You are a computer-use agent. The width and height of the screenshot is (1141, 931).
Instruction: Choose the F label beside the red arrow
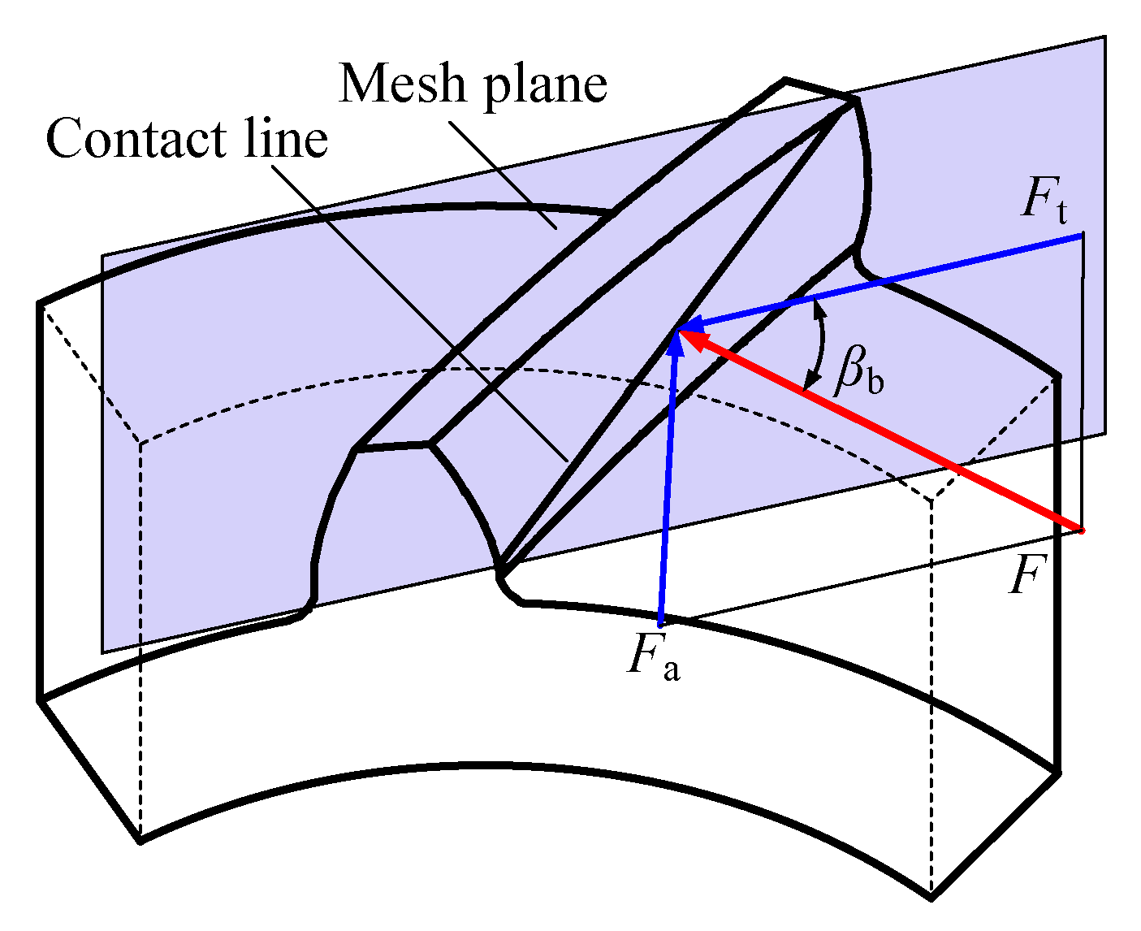coord(1024,578)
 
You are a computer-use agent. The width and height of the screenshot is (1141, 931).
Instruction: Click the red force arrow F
coord(885,431)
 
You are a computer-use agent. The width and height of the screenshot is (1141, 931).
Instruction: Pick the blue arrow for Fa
coord(668,487)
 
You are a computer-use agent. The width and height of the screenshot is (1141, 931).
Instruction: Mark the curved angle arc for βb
coord(822,345)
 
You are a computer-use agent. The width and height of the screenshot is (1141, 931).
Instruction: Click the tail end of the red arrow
coord(1081,530)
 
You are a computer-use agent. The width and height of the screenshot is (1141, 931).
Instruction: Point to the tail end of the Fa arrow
coord(662,624)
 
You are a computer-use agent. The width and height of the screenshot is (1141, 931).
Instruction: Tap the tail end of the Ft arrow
coord(1081,236)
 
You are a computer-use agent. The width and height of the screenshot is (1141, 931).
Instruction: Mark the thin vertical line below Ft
coord(1082,382)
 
